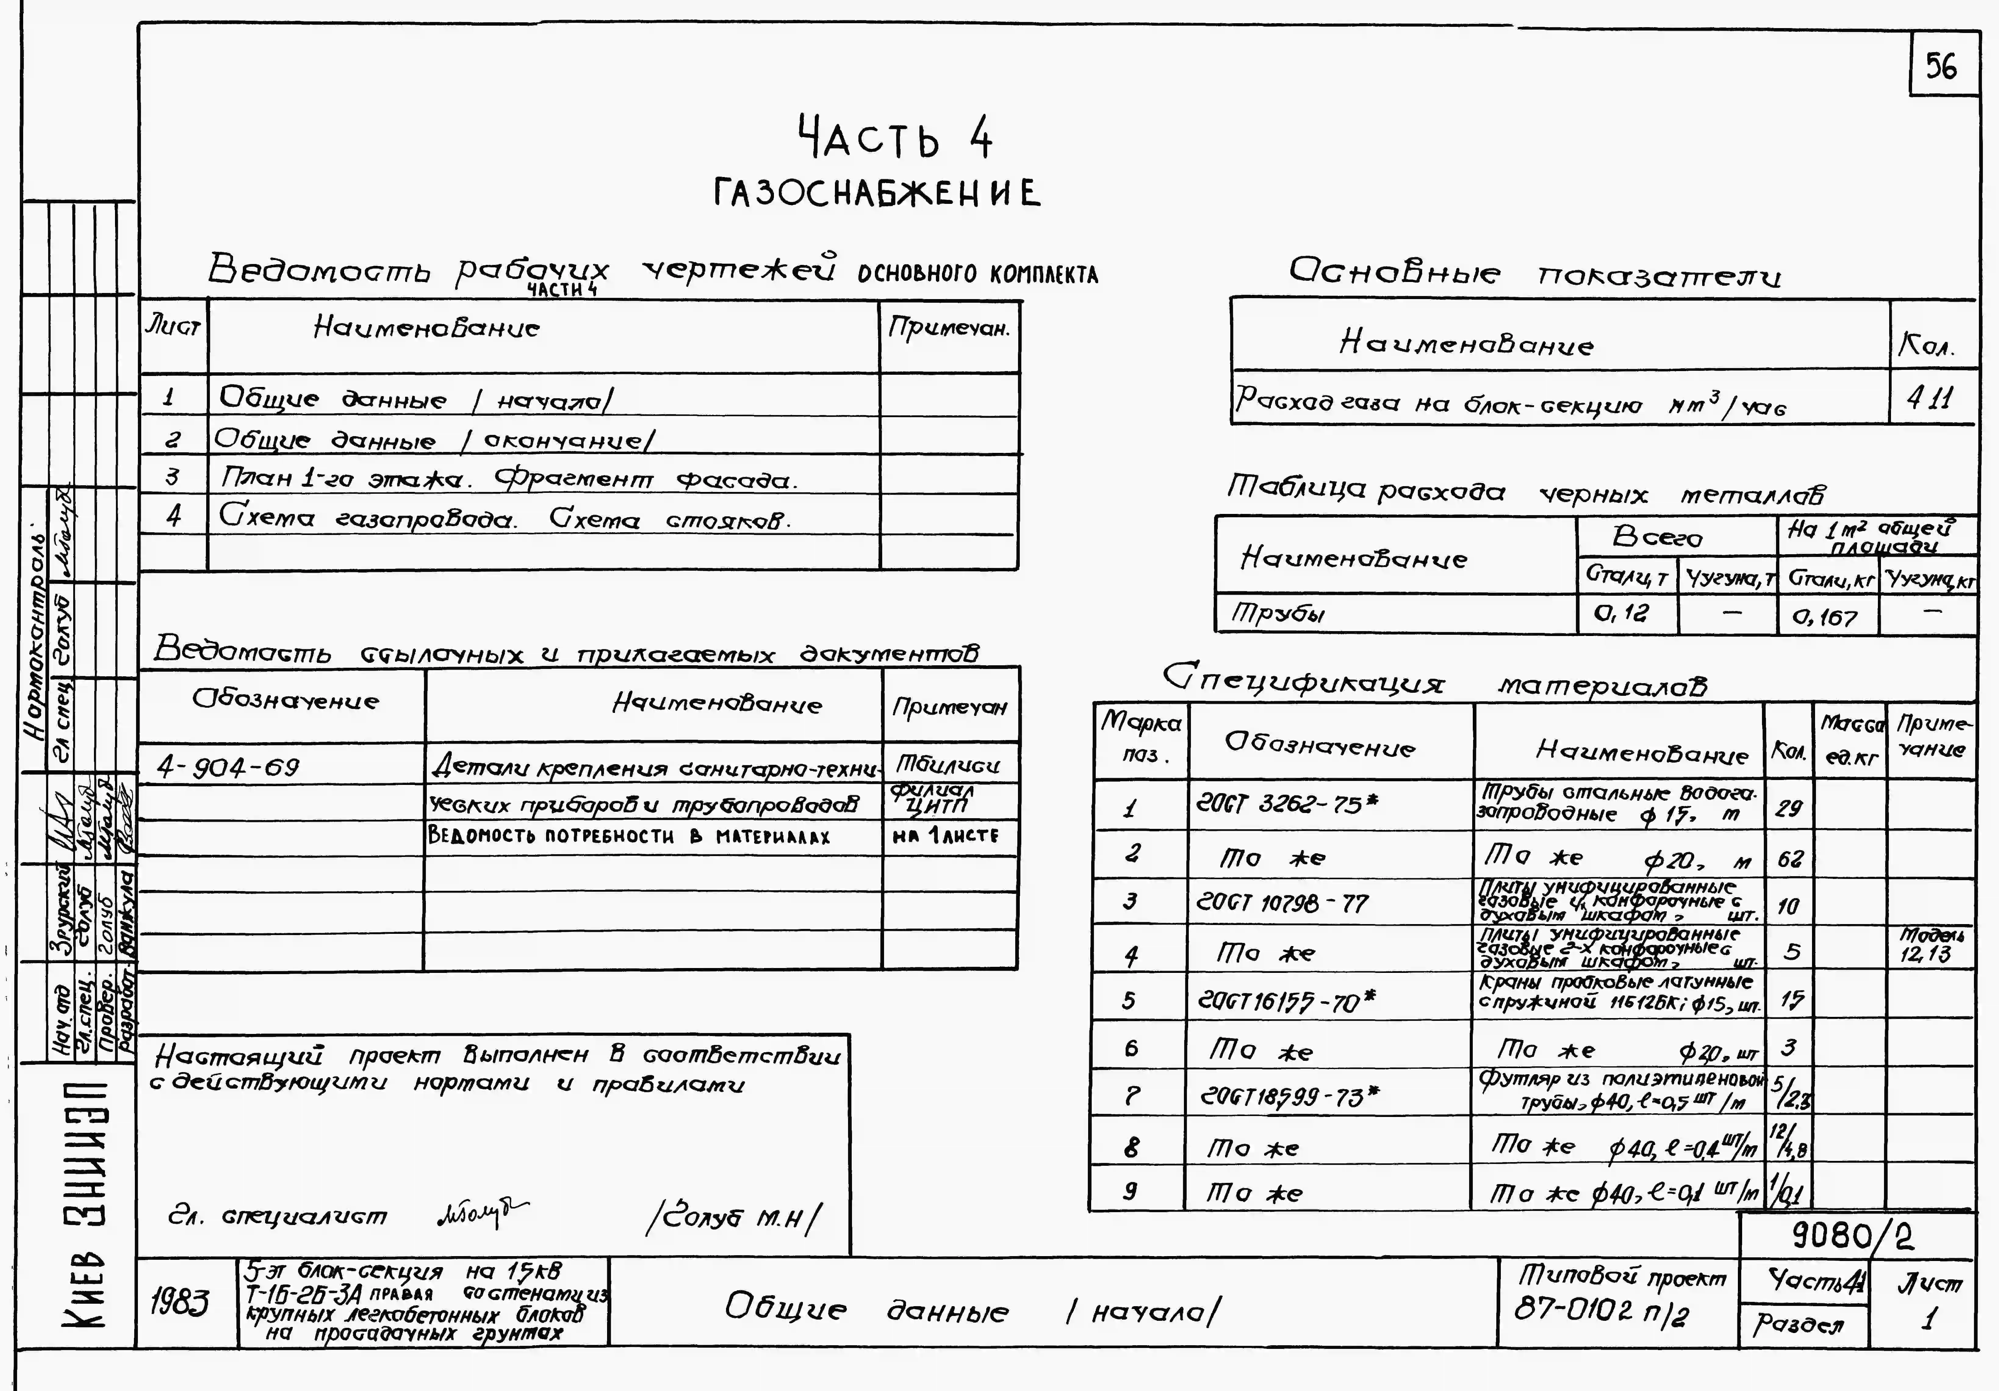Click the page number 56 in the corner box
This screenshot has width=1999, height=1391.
[x=1941, y=66]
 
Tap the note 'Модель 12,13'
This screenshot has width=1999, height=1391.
[x=1926, y=945]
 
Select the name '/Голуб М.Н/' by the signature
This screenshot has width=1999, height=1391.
[x=733, y=1218]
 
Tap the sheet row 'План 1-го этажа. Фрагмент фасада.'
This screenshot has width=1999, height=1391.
[x=509, y=478]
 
